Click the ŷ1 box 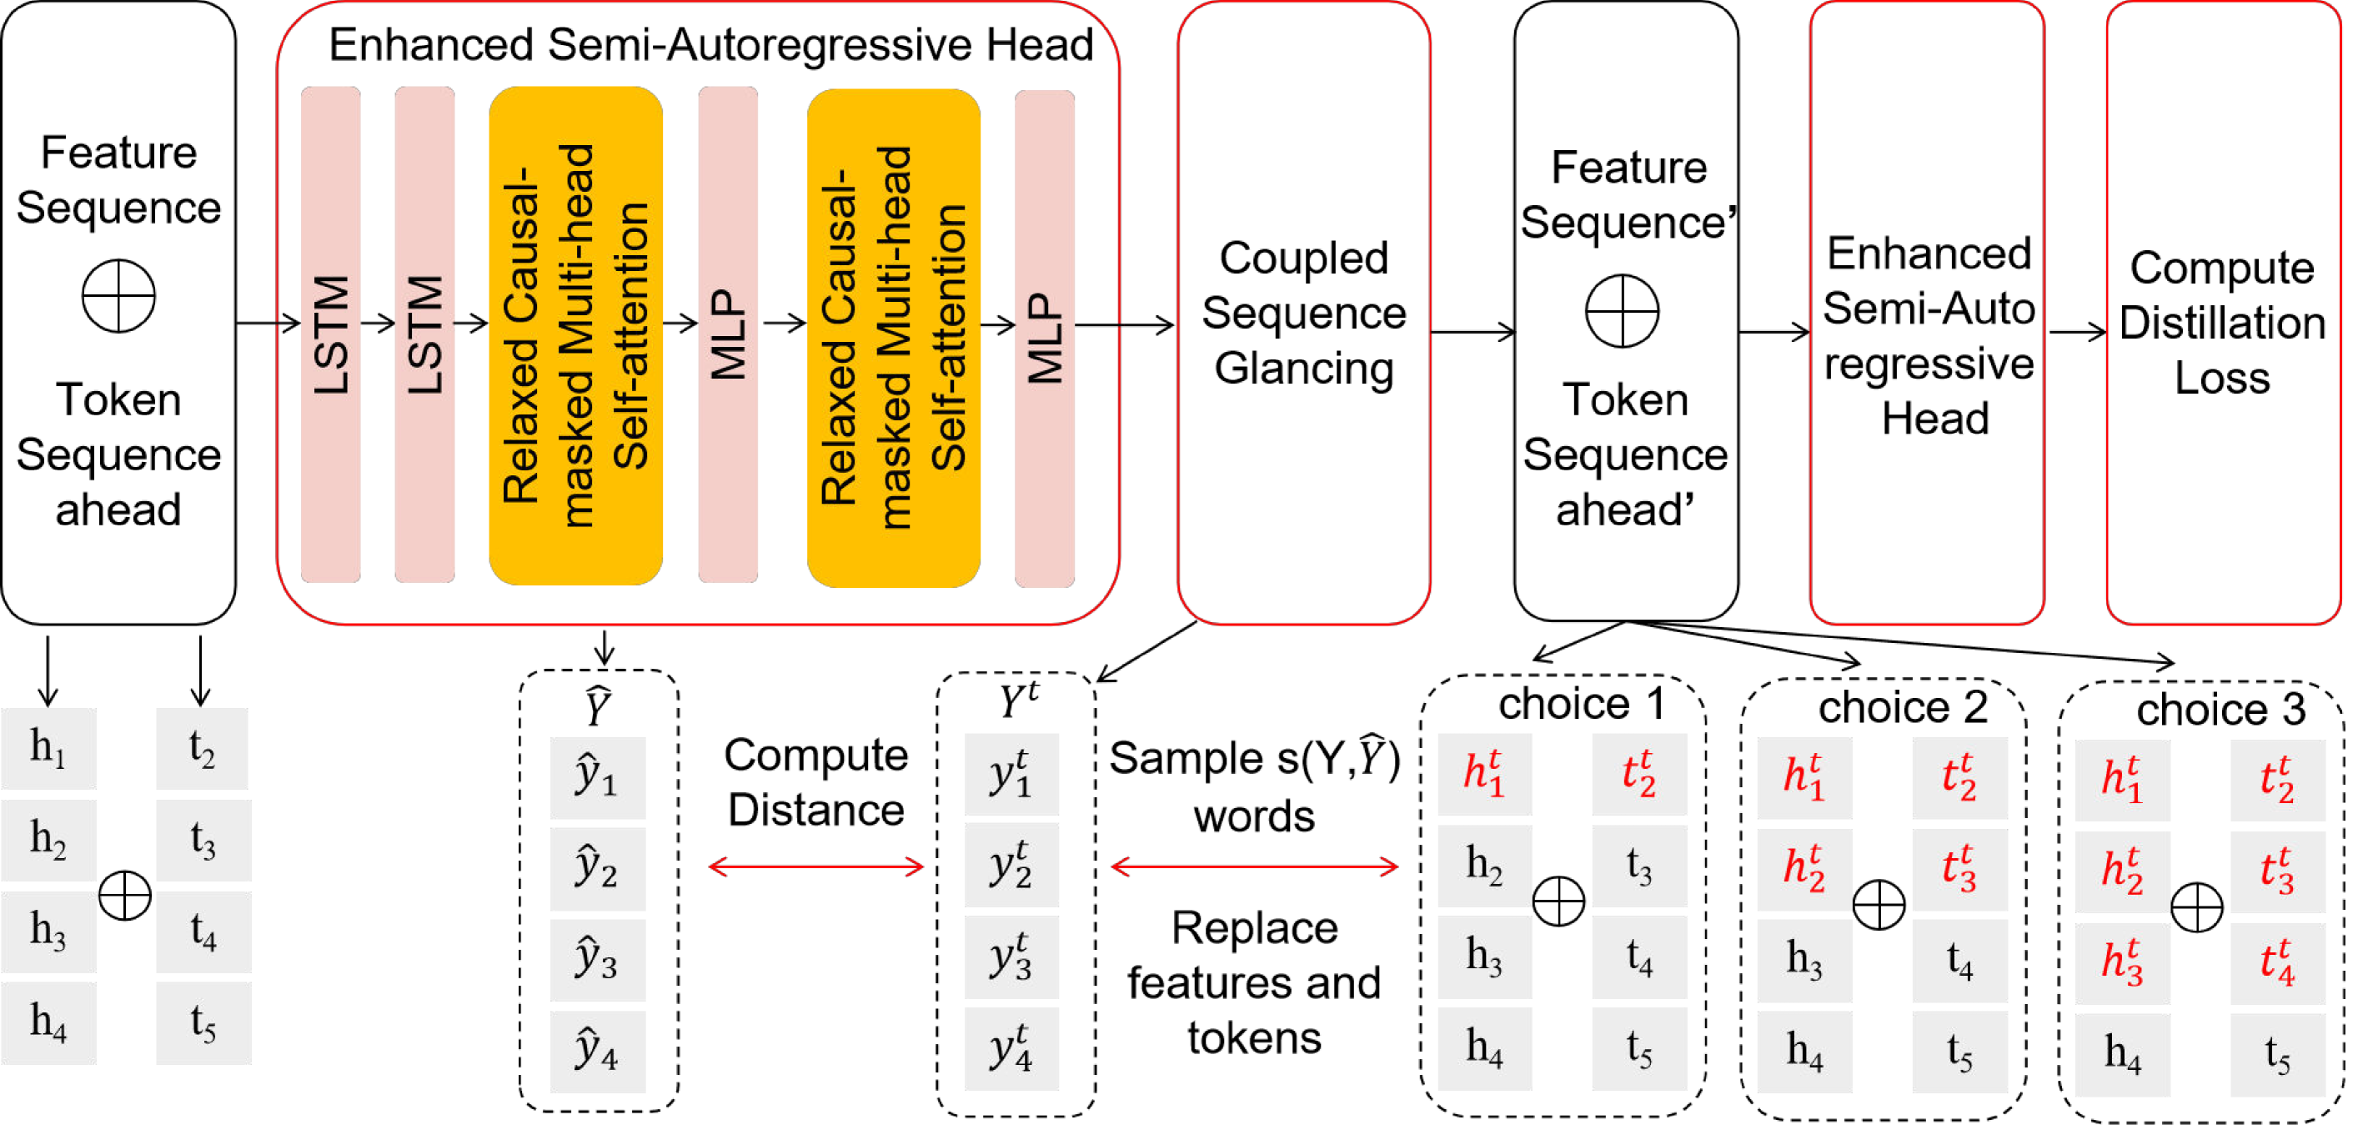[597, 778]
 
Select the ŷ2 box [597, 868]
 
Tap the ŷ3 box [597, 960]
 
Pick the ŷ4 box [597, 1051]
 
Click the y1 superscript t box [1011, 774]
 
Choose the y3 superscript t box [1011, 957]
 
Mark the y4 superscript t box [1011, 1048]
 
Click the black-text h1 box [48, 749]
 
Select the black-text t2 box [202, 749]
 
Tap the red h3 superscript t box [2122, 963]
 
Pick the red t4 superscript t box [2277, 963]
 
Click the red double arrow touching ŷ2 [815, 866]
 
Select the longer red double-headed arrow [1254, 866]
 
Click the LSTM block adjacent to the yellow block [424, 334]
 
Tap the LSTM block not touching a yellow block [331, 334]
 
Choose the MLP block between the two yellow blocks [728, 334]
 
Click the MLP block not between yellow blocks [1044, 338]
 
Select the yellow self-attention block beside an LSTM [575, 335]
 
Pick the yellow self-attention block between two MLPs [893, 338]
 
